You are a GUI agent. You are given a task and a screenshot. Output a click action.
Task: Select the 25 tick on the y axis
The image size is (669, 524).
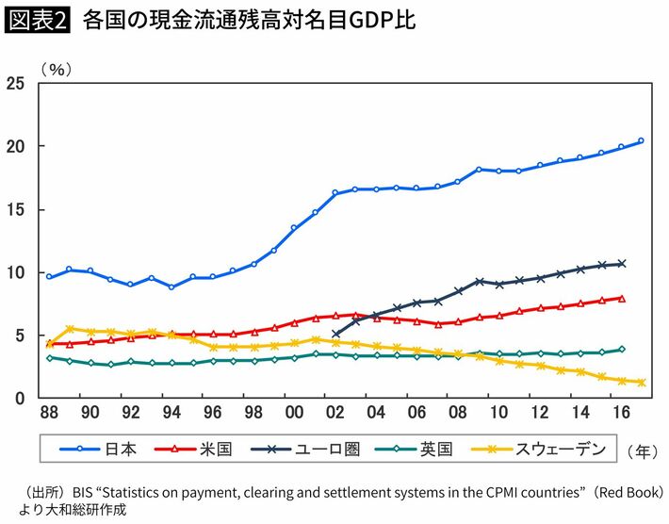click(x=15, y=84)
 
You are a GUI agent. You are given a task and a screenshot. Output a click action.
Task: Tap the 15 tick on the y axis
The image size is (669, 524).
click(x=15, y=209)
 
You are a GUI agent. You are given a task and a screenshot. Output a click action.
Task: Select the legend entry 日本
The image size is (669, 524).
click(x=121, y=450)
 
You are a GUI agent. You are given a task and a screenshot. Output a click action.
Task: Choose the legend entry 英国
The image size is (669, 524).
click(x=448, y=450)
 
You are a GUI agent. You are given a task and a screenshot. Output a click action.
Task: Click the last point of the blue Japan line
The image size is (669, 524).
click(x=642, y=141)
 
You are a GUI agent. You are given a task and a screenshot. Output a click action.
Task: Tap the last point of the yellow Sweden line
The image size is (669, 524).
click(x=642, y=383)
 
